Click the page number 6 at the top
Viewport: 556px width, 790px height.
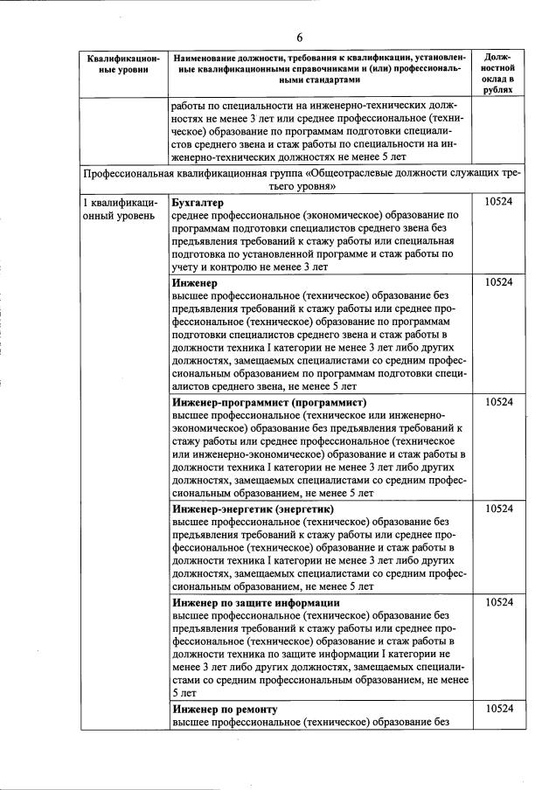pos(298,37)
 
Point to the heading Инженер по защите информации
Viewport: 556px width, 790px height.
pos(256,603)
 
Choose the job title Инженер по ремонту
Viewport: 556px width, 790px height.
pos(225,709)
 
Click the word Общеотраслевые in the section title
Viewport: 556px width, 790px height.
pos(368,173)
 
